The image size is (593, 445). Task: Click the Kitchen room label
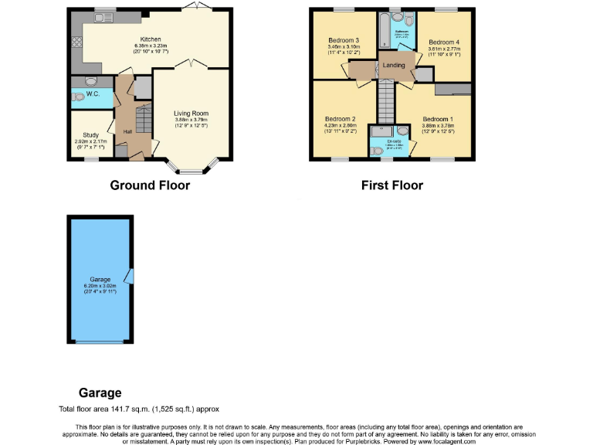pyautogui.click(x=150, y=39)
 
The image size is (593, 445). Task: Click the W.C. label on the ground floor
pyautogui.click(x=93, y=94)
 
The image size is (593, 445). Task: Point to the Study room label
pyautogui.click(x=91, y=134)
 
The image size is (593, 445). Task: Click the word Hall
pyautogui.click(x=127, y=131)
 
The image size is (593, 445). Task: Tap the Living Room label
pyautogui.click(x=191, y=114)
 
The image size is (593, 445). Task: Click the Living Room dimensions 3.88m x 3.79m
pyautogui.click(x=191, y=121)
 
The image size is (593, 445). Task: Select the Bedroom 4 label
pyautogui.click(x=444, y=42)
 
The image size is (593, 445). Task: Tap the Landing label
pyautogui.click(x=394, y=66)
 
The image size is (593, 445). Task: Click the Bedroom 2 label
pyautogui.click(x=341, y=118)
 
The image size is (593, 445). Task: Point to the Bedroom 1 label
pyautogui.click(x=438, y=118)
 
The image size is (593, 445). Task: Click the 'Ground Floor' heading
pyautogui.click(x=150, y=185)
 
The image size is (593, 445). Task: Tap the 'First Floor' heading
pyautogui.click(x=391, y=185)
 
